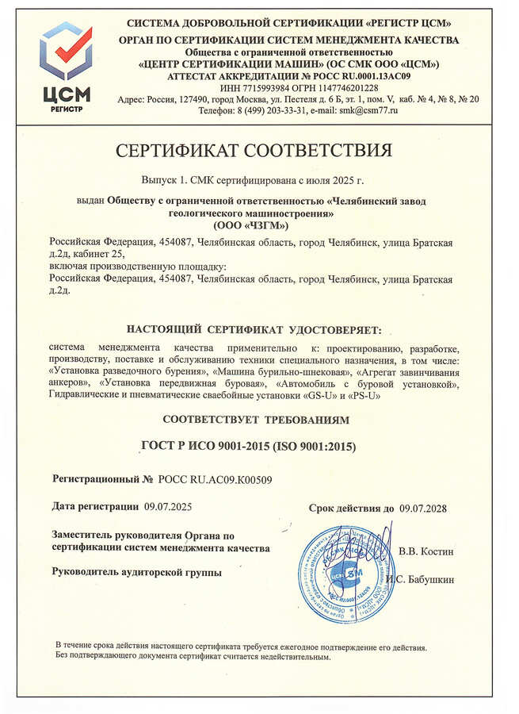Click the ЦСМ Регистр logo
click(x=66, y=69)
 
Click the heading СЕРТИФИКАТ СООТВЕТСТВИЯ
click(x=259, y=150)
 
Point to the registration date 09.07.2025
click(x=168, y=505)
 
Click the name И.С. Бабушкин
click(x=421, y=579)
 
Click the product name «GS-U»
click(x=316, y=395)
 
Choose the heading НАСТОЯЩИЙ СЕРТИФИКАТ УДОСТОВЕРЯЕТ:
click(x=254, y=329)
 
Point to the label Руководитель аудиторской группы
click(x=137, y=571)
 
